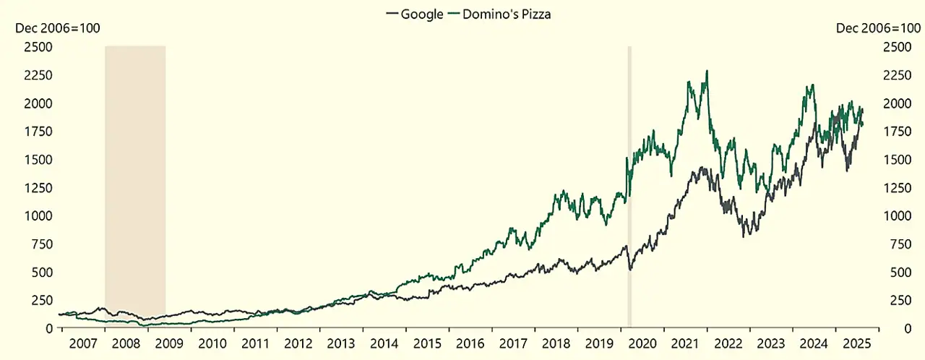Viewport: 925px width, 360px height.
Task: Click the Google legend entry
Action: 416,14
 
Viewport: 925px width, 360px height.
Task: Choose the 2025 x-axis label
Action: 856,343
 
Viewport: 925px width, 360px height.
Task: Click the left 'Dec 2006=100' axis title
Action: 58,28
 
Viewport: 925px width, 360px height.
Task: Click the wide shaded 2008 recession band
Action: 135,181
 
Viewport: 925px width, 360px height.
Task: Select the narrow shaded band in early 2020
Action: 629,181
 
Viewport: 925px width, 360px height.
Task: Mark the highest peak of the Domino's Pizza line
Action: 706,71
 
